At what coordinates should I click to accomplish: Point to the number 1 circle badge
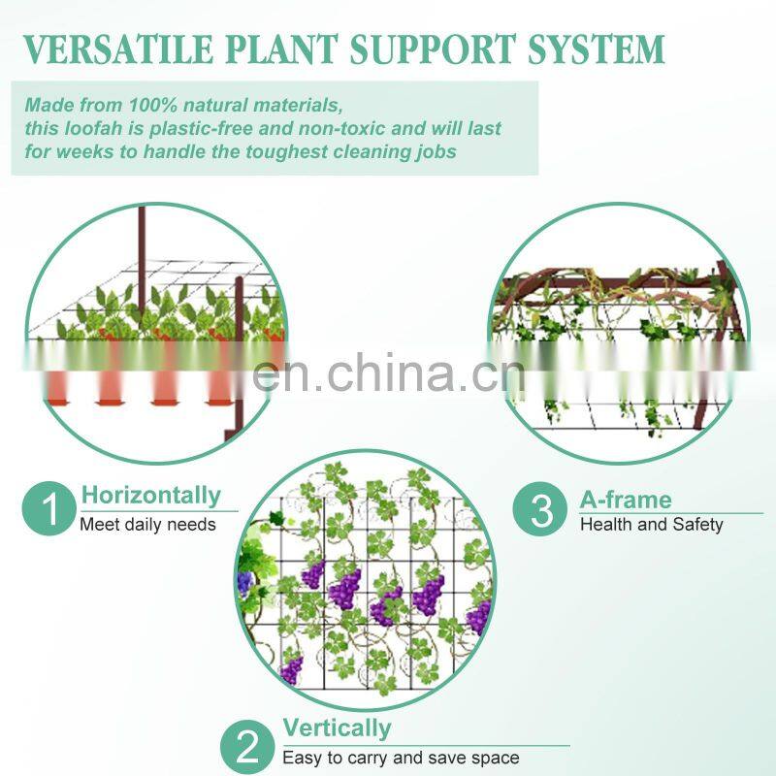click(48, 509)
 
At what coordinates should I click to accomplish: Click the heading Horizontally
click(150, 496)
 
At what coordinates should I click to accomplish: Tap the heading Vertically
click(337, 728)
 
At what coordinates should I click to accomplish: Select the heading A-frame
click(626, 501)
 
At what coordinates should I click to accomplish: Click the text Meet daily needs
click(147, 525)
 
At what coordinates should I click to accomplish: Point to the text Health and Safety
click(652, 525)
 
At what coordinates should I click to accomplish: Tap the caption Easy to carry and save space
click(401, 758)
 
